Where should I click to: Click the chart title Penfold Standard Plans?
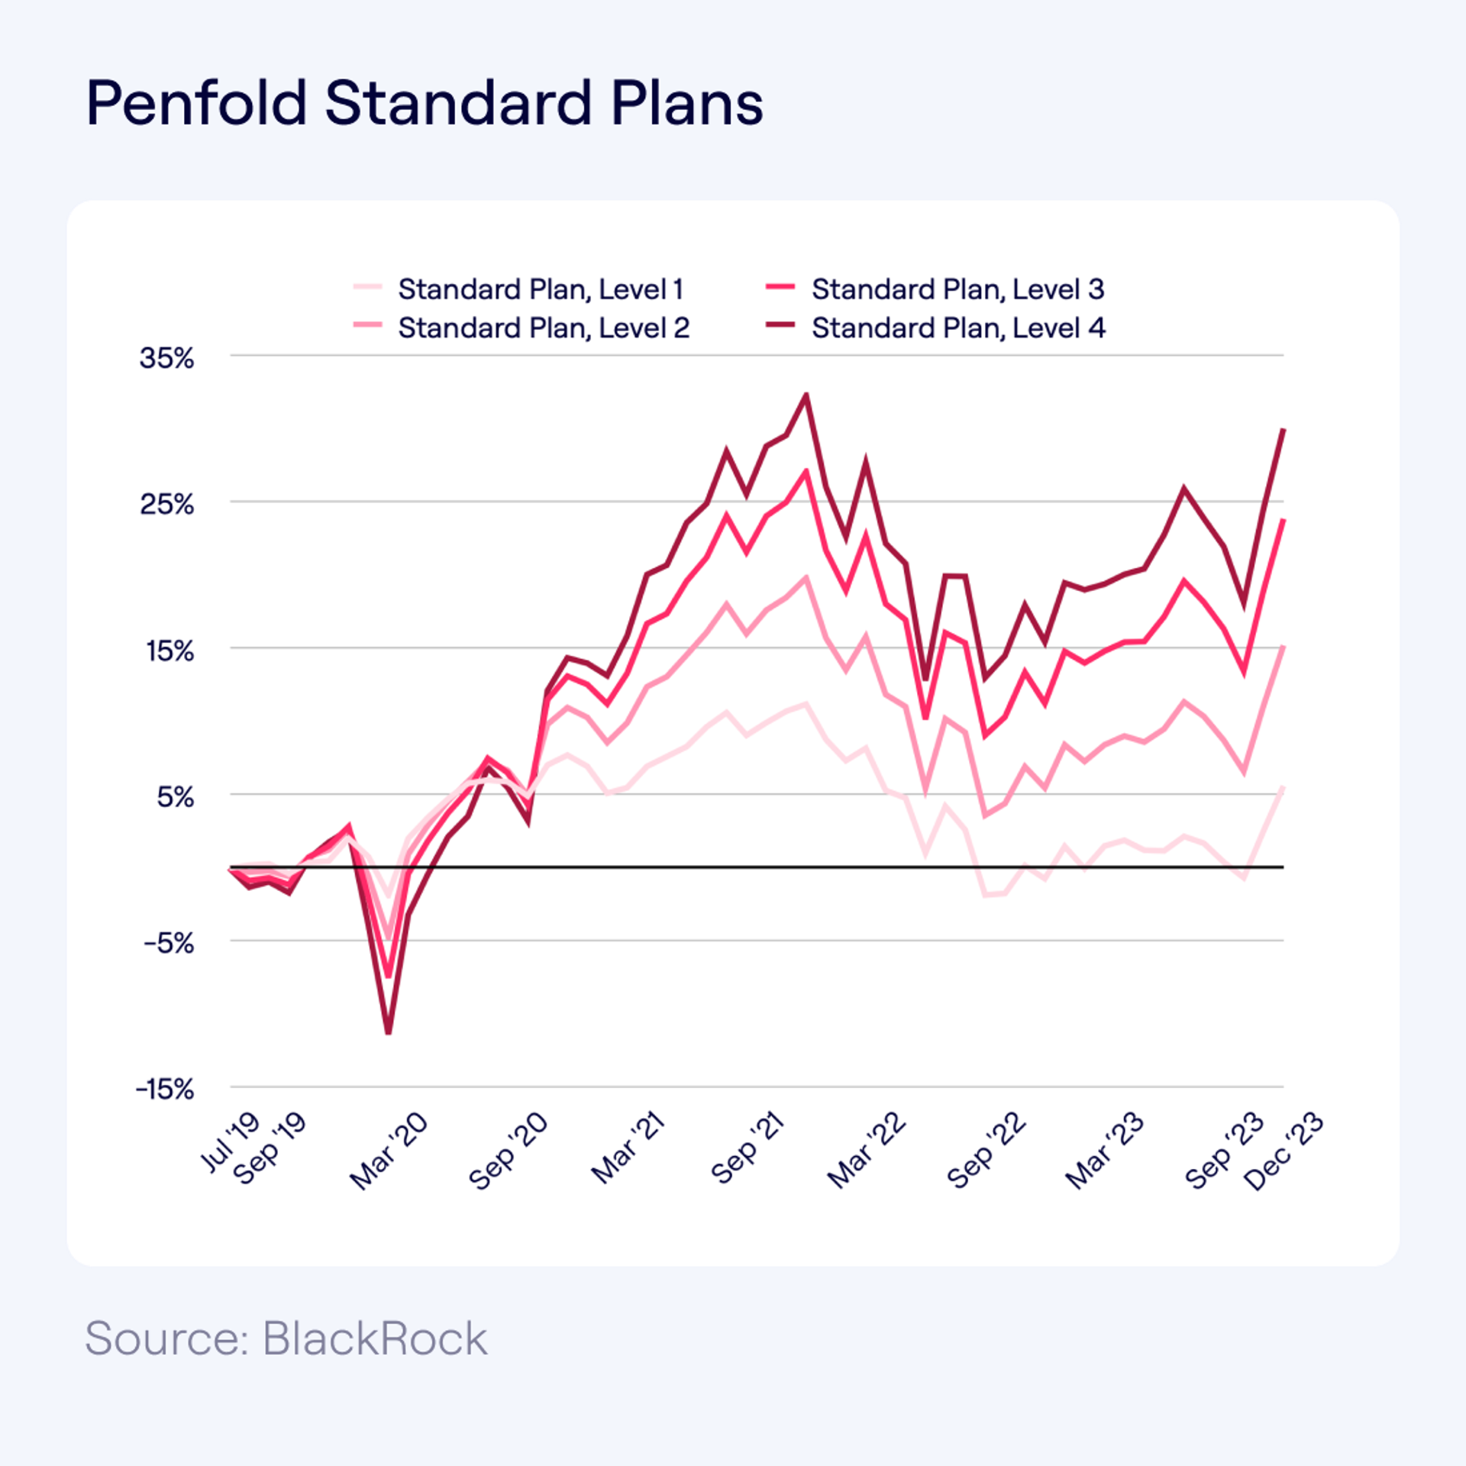point(425,103)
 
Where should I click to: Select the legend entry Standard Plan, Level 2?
point(543,328)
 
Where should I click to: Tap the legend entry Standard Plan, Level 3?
point(957,289)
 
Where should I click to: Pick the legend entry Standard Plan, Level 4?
point(957,328)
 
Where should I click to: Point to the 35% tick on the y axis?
point(166,357)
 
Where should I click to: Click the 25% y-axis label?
point(166,504)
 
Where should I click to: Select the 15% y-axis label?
point(170,651)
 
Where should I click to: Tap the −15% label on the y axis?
point(165,1089)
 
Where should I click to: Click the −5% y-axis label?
point(169,943)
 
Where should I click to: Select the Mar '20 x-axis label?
point(389,1151)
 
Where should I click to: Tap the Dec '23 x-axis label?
point(1284,1151)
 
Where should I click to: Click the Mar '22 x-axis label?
point(867,1151)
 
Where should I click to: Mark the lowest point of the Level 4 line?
point(388,1033)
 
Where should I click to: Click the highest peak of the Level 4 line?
point(806,395)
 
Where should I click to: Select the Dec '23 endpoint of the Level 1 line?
point(1283,786)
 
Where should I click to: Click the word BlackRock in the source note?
point(374,1338)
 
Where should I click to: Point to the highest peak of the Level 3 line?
point(806,471)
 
